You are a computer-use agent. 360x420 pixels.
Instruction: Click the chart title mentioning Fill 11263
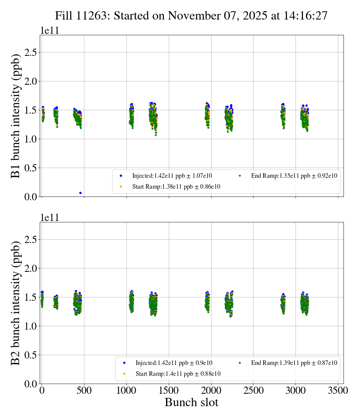click(x=191, y=16)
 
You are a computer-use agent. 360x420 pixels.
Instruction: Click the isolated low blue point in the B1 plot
click(x=80, y=193)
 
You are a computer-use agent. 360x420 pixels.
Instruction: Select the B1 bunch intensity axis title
click(x=15, y=116)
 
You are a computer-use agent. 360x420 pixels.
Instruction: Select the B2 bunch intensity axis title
click(x=15, y=303)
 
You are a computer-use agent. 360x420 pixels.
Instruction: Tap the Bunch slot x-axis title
click(x=191, y=403)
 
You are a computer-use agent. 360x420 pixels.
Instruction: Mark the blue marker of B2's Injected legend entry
click(x=124, y=363)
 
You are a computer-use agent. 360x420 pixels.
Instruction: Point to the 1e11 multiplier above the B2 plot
click(x=49, y=218)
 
